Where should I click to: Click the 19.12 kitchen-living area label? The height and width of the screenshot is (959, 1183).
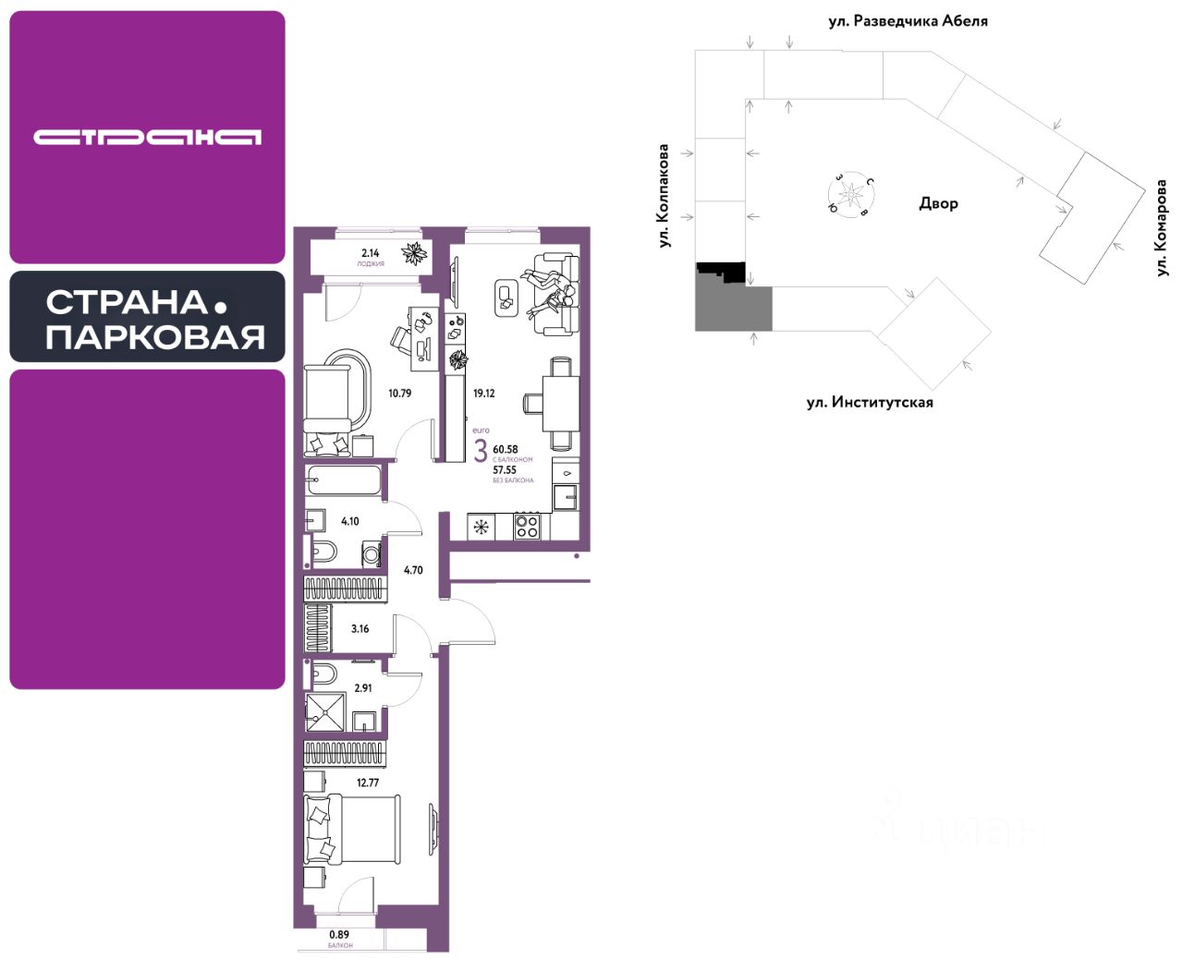coord(483,394)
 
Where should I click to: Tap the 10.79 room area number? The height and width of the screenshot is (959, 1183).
coord(399,394)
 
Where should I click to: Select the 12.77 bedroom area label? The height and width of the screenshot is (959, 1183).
coord(367,783)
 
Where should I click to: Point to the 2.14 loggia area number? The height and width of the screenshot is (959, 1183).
coord(371,253)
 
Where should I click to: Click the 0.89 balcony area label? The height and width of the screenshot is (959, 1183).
coord(340,935)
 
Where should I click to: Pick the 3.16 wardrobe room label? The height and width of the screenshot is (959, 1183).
coord(360,629)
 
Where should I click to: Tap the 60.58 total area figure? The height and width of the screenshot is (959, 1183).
coord(506,450)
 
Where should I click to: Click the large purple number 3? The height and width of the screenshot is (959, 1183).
coord(481,452)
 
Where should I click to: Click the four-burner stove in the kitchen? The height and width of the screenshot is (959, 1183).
coord(527,527)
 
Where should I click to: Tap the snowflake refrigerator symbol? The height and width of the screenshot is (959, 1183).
coord(481,528)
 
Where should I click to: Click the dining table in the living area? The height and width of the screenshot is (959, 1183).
coord(561,403)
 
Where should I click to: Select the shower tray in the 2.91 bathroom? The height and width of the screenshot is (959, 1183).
coord(324,711)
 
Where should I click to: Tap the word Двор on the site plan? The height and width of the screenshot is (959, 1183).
coord(938,203)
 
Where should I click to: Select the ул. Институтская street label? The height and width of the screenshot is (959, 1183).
coord(870,402)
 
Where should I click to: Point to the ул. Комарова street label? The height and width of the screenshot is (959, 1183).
coord(1161,227)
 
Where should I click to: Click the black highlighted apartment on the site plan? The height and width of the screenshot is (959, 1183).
coord(720,272)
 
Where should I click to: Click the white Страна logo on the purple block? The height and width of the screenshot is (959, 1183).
coord(148,138)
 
